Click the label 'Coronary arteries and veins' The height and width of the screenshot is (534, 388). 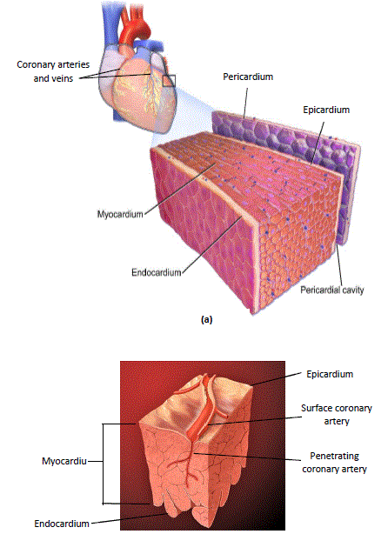53,71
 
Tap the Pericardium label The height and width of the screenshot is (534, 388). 248,77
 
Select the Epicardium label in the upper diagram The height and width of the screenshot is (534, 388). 326,110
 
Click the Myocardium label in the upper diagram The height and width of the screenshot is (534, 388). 120,214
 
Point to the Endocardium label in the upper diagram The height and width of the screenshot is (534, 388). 157,272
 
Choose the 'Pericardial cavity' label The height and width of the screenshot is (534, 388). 332,290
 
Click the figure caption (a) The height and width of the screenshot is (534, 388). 207,319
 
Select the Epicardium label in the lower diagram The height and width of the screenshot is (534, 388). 330,374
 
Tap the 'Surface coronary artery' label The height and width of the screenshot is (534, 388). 337,415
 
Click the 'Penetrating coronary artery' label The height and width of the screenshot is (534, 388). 335,463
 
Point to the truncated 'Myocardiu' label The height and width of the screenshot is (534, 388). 64,461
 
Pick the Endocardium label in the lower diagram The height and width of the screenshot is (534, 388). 62,524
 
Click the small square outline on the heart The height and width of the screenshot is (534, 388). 169,81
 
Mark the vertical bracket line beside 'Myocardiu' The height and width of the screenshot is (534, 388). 103,464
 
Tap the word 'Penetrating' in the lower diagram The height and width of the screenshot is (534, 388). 335,456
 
